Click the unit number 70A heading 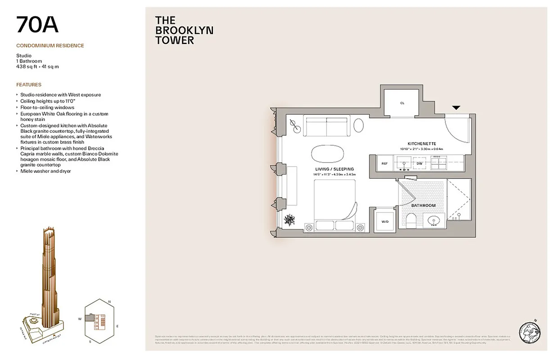[37, 25]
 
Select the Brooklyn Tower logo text [184, 30]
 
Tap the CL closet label [402, 103]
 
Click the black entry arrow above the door [456, 108]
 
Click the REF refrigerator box [384, 163]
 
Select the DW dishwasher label [419, 163]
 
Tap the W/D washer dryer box [385, 221]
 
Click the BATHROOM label [423, 206]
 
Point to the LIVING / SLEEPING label [335, 169]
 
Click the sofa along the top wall [327, 126]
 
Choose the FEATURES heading [29, 85]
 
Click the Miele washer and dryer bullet [45, 171]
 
